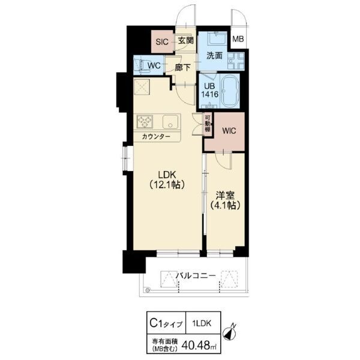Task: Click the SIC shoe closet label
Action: click(x=162, y=42)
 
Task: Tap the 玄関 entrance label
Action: click(x=186, y=41)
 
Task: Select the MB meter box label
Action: click(x=238, y=39)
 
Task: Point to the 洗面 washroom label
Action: click(x=214, y=56)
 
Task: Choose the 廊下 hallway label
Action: click(x=182, y=67)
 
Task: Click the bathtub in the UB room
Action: click(x=230, y=91)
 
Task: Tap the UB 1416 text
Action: click(x=209, y=90)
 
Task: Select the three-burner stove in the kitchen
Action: click(x=145, y=121)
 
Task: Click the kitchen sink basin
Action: click(x=170, y=122)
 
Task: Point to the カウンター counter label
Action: click(x=156, y=137)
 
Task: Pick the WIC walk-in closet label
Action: click(x=229, y=131)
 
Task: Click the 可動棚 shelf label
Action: click(x=208, y=123)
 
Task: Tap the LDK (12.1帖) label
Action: click(x=167, y=180)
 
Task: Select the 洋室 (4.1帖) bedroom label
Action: click(x=225, y=200)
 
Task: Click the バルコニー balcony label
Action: click(x=196, y=275)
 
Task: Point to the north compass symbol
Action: click(x=230, y=332)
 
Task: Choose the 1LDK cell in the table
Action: click(x=203, y=323)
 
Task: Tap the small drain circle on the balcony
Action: click(x=148, y=290)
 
